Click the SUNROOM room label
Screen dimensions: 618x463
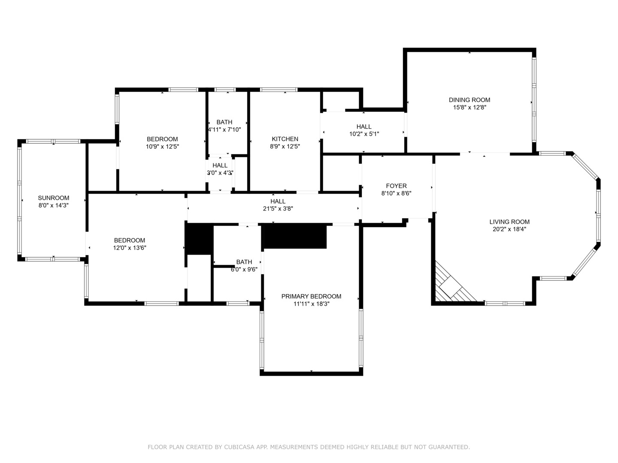54,198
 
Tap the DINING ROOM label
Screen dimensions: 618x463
470,100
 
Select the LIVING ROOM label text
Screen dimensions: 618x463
509,222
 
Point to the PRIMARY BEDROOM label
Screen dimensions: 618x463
311,296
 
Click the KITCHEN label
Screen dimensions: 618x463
285,139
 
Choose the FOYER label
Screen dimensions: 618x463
396,186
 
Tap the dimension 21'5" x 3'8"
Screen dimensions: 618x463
278,209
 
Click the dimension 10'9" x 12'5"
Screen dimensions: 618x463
162,147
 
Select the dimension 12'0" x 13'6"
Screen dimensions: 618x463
130,248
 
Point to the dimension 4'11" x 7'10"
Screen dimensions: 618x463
224,129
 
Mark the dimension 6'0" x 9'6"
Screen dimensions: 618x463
244,269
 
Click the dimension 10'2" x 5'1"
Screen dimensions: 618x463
364,134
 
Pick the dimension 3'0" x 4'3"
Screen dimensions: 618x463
220,173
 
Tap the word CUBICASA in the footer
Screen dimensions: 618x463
239,447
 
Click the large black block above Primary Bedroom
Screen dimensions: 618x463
295,236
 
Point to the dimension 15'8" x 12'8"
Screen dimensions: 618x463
470,107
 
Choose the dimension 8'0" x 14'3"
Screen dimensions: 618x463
54,205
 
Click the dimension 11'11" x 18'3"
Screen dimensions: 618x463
311,304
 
